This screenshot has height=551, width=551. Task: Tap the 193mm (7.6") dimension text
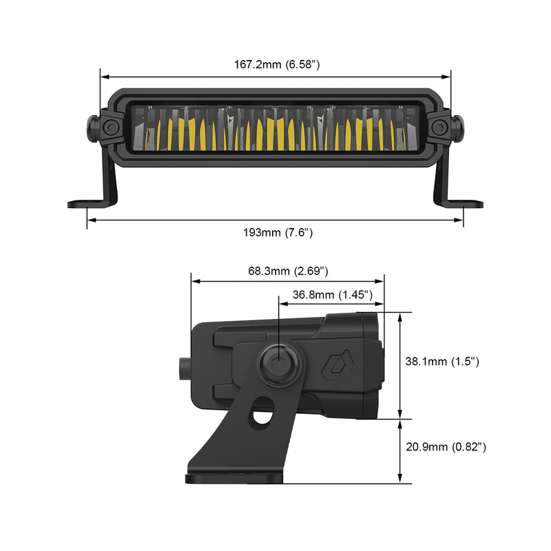click(278, 233)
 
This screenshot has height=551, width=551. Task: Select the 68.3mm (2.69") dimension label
click(288, 271)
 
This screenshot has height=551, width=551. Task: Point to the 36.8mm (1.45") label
click(333, 295)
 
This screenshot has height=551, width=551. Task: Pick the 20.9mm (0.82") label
click(446, 447)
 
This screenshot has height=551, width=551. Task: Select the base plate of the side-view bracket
click(234, 477)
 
